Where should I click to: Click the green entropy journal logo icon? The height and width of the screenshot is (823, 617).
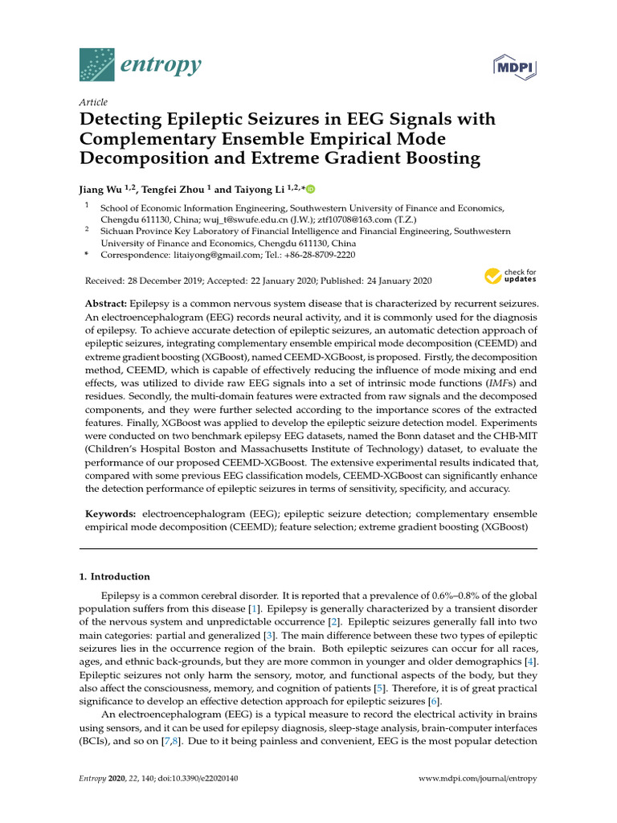(97, 63)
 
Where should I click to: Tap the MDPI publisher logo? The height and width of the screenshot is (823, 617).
(514, 67)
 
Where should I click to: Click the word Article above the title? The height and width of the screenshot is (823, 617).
(93, 103)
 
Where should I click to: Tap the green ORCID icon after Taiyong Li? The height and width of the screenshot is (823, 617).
(310, 190)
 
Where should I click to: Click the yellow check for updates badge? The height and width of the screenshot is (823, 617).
(511, 278)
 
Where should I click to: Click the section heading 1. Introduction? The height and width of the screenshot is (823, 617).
(115, 576)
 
